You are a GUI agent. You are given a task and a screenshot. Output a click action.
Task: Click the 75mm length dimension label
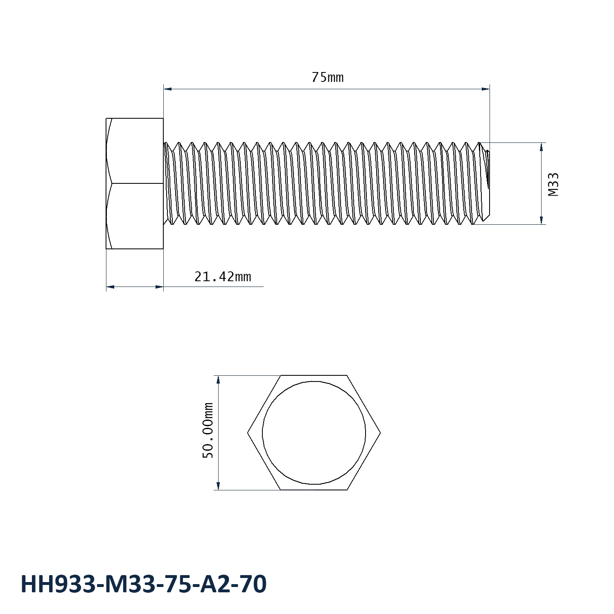[x=327, y=77]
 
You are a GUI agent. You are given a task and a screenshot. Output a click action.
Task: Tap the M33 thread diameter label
[x=553, y=184]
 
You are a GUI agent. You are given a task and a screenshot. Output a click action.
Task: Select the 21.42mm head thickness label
[x=223, y=277]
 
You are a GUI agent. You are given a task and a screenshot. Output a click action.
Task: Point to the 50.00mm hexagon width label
[x=208, y=430]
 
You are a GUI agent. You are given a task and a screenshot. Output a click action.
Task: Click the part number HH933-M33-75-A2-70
[x=144, y=584]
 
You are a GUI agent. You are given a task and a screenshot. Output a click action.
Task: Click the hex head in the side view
[x=135, y=183]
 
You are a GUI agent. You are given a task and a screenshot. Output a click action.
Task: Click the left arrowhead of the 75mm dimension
[x=167, y=88]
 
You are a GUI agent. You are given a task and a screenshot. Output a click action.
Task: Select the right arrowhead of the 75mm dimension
[x=485, y=88]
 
